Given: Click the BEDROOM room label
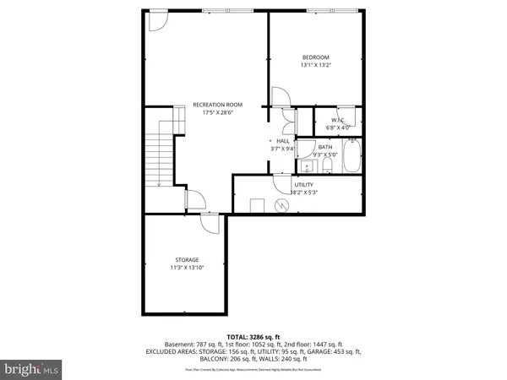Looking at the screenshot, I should coord(315,57).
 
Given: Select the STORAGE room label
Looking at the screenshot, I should coord(187,259).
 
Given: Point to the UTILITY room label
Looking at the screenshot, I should coord(304,184).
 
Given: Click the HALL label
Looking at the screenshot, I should coord(283,140).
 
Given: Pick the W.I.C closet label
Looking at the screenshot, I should coord(337,120).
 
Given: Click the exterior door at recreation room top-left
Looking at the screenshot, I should coord(158,20).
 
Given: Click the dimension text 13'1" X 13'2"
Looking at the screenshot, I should coord(315,65).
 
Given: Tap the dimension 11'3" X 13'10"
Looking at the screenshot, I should coord(187,268).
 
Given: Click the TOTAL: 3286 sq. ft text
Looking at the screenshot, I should coord(253,336).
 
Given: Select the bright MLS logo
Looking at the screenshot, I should coord(33,368).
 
